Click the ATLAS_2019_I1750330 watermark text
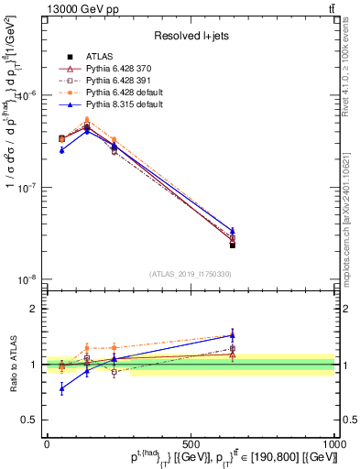191,274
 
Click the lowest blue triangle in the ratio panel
61,388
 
